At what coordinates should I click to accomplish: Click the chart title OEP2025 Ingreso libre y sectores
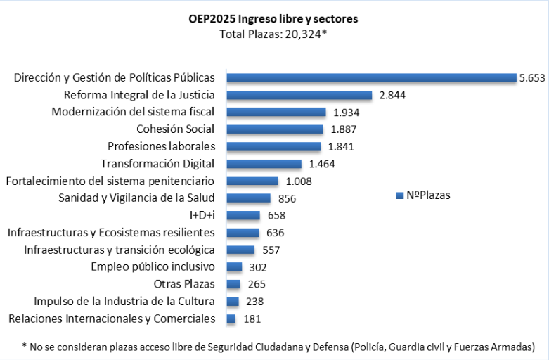coord(273,19)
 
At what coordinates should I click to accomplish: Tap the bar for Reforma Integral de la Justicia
coord(299,95)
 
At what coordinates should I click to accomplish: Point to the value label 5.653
coord(531,78)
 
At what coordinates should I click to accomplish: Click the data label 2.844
coord(392,95)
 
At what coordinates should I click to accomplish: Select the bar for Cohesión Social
coord(275,129)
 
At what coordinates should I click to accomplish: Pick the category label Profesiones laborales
coord(161,146)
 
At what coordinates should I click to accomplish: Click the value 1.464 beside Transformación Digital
coord(321,164)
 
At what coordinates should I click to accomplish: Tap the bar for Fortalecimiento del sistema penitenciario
coord(252,181)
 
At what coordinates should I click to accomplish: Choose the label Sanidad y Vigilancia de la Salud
coord(136,198)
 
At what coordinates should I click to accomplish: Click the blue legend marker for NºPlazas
coord(400,195)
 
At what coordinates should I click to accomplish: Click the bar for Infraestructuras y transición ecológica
coord(240,250)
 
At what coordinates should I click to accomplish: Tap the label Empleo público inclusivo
coord(153,266)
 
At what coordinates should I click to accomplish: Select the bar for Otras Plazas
coord(233,284)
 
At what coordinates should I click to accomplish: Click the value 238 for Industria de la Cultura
coord(256,301)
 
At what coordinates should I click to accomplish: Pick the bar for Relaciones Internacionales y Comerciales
coord(231,319)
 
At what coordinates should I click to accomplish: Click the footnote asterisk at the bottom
coord(24,346)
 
